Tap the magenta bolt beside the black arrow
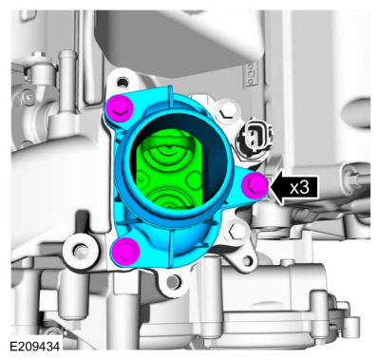click(255, 186)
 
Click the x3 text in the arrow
click(299, 188)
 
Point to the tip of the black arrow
click(269, 188)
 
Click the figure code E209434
click(34, 346)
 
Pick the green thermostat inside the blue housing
click(168, 169)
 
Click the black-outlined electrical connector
click(255, 137)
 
